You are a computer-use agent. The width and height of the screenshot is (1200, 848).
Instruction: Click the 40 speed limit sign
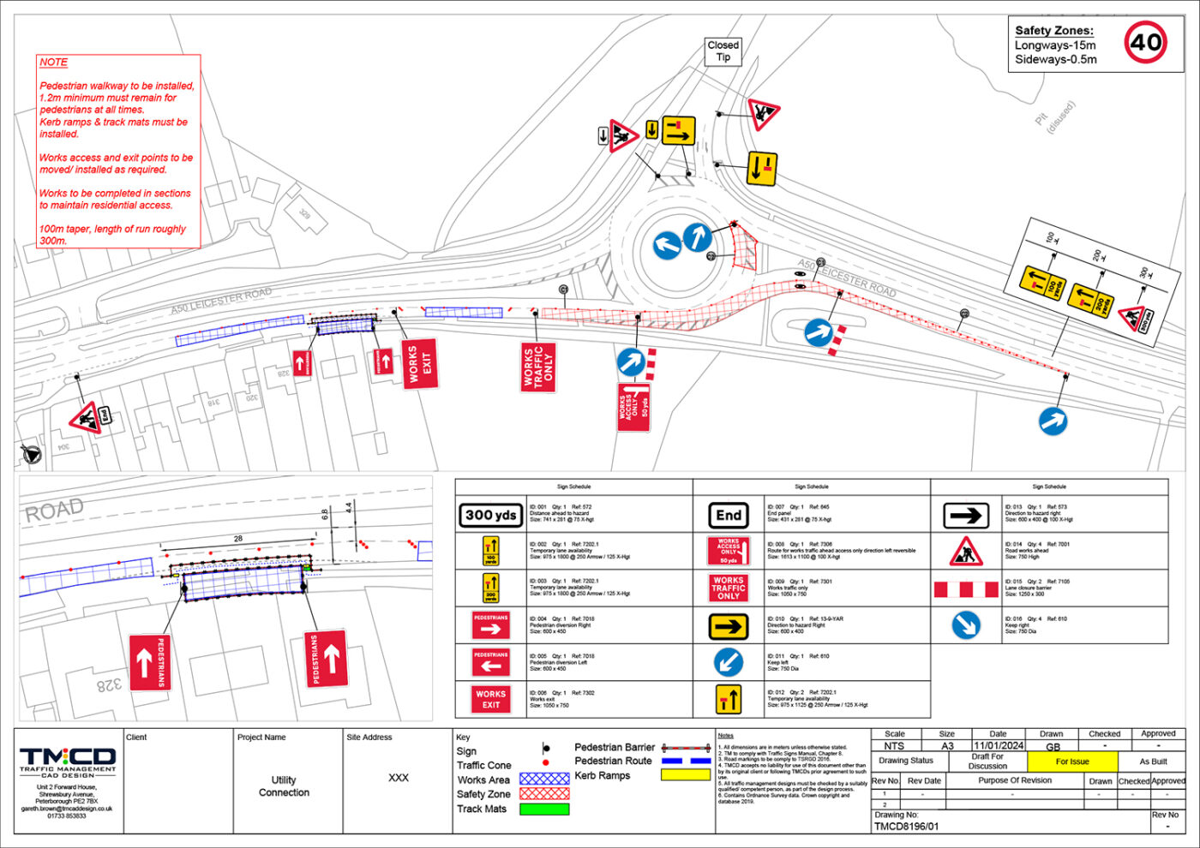pos(1145,42)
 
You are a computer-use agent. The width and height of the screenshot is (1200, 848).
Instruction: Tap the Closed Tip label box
pos(723,51)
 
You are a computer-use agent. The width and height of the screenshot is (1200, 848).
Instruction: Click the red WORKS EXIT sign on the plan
pos(419,364)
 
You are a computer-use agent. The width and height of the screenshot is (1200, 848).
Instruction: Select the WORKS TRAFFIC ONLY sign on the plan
pos(538,367)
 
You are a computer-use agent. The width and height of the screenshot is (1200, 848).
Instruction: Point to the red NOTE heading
pos(53,63)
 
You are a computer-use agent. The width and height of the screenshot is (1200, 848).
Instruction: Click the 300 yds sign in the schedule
pos(491,515)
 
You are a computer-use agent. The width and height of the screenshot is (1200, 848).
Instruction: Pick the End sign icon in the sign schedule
pos(729,515)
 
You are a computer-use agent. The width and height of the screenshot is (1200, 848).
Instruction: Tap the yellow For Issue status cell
pos(1072,761)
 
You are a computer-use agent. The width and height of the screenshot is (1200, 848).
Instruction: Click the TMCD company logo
pos(68,760)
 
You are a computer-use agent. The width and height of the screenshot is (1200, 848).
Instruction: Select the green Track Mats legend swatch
pos(544,809)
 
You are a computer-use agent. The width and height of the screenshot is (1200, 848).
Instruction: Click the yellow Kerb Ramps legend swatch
pos(686,775)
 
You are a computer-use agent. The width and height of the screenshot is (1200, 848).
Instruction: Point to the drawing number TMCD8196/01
pos(906,827)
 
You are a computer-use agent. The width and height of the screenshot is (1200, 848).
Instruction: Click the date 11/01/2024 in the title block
pos(999,746)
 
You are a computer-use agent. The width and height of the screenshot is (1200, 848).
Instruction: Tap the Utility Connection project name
pos(284,786)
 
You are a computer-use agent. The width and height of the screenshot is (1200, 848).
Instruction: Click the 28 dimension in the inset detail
pos(238,539)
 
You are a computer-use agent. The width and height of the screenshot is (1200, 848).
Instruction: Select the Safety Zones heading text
pos(1053,30)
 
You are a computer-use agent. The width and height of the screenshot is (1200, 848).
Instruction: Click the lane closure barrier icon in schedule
pos(966,589)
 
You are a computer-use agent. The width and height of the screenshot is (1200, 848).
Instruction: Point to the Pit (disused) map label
pos(1053,117)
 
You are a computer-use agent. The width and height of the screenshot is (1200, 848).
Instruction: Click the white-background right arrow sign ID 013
pos(966,515)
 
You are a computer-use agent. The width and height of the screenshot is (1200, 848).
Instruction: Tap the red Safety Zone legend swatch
pos(544,794)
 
